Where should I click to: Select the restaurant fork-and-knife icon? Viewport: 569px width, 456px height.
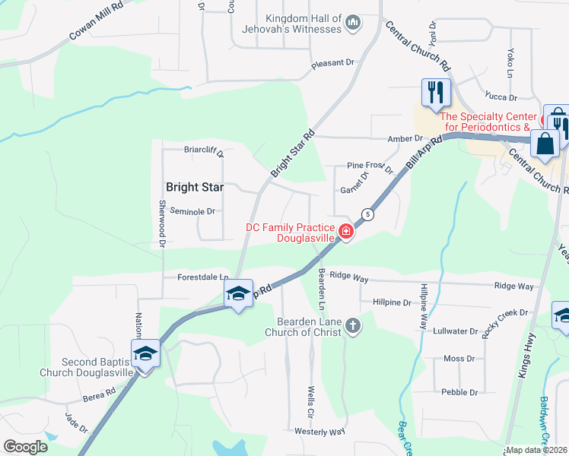(436, 93)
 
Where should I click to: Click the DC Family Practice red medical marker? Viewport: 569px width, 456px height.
(346, 232)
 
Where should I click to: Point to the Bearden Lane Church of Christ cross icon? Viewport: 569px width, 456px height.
(352, 326)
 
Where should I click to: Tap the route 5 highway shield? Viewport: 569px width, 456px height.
(367, 214)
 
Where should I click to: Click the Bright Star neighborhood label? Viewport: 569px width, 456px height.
(194, 186)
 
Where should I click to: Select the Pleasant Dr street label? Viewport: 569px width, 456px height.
(332, 67)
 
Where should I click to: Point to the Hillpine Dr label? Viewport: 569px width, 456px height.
(392, 302)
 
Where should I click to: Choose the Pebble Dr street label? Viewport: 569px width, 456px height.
(459, 392)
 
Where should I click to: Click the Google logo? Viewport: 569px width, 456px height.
(24, 446)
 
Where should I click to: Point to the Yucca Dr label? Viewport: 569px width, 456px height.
(501, 97)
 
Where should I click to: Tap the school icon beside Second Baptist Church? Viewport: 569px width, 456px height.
(145, 353)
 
